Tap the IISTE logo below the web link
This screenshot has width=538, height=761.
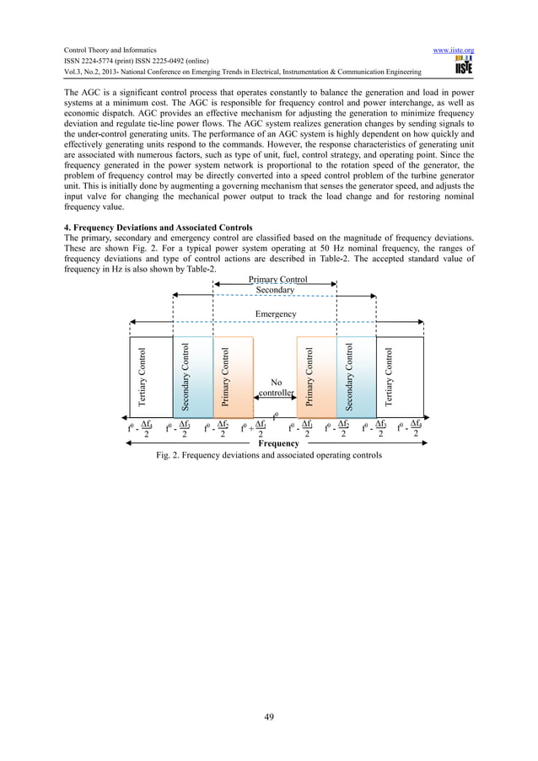[461, 66]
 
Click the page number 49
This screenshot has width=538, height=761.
[269, 716]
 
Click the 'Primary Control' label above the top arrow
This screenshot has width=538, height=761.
[277, 279]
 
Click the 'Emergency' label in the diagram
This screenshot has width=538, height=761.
[276, 314]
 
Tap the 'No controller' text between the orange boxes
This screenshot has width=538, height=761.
[276, 387]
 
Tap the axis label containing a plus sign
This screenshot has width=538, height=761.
[255, 429]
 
